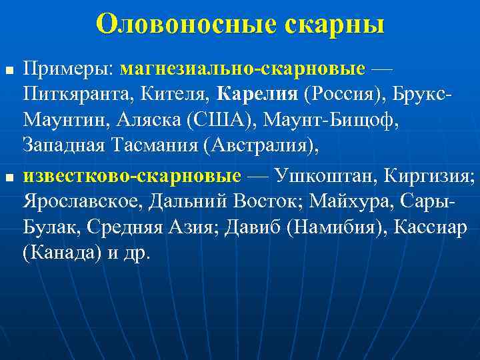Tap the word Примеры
coord(69,69)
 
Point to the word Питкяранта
coord(78,94)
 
